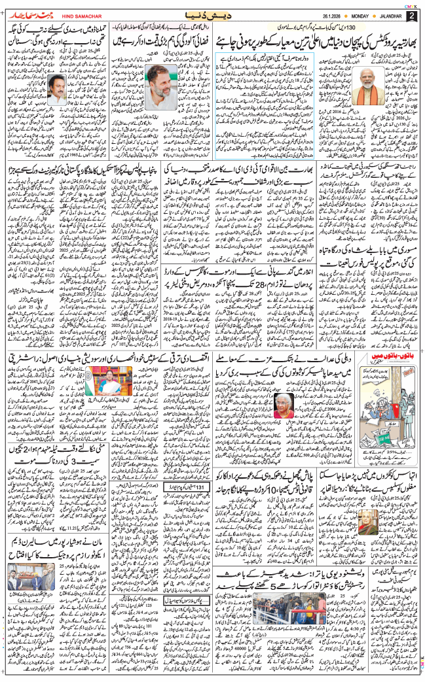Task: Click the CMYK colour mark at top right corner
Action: click(x=414, y=3)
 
